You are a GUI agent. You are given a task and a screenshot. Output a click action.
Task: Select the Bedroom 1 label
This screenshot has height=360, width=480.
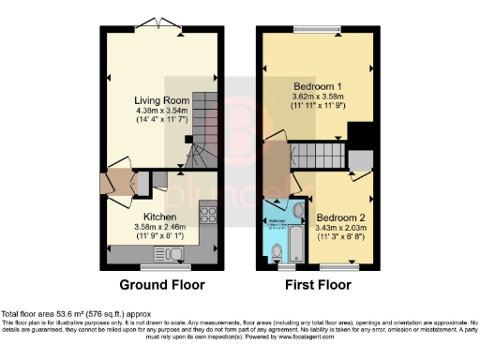tap(314, 85)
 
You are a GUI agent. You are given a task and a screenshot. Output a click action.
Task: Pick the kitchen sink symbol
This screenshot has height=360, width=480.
tap(175, 254)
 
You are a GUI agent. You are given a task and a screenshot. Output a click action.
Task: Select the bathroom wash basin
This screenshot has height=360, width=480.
tap(297, 210)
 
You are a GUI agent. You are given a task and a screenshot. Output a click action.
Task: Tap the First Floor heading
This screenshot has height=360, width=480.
tap(318, 284)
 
